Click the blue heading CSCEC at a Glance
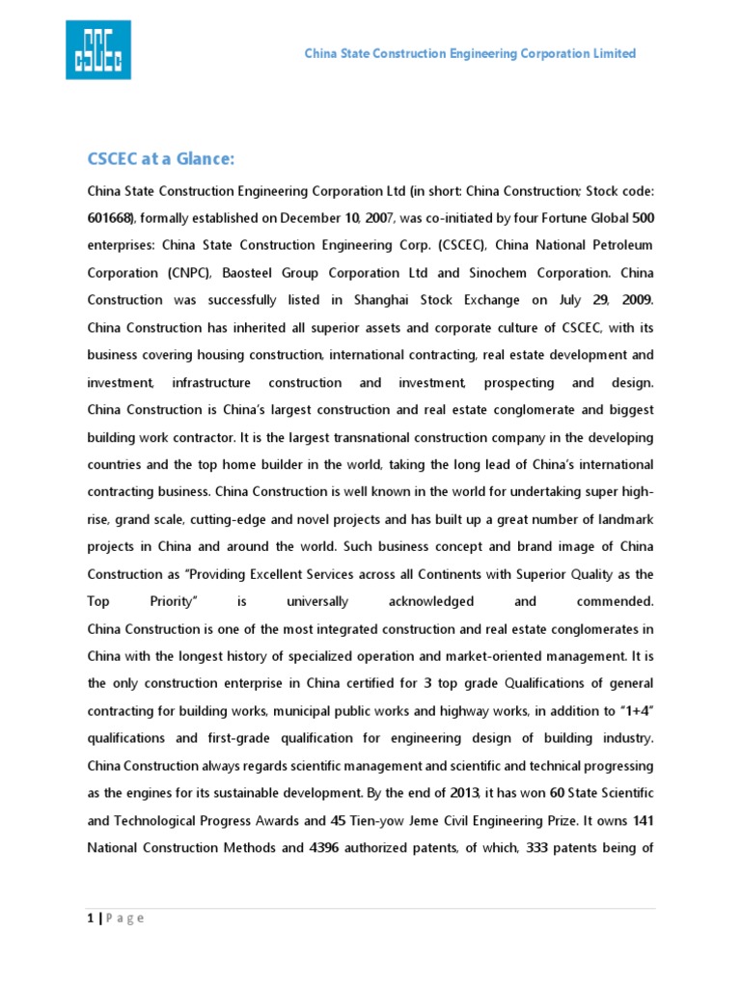click(161, 159)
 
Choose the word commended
click(615, 601)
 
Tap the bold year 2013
click(464, 793)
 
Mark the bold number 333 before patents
click(535, 848)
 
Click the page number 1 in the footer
click(91, 918)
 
